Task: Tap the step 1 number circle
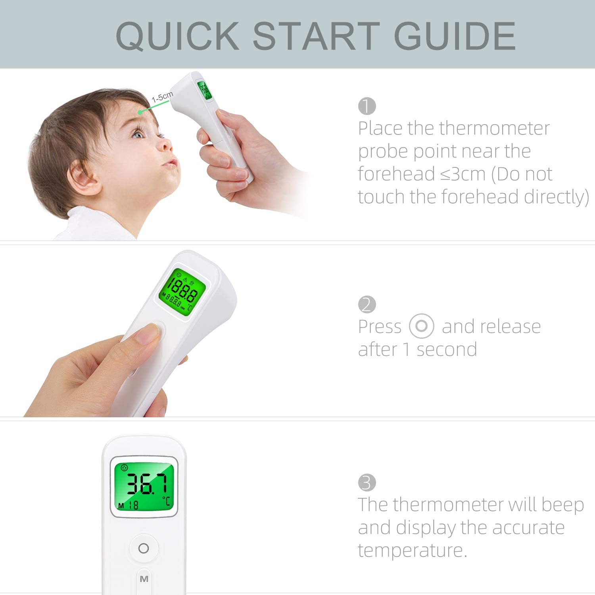367,106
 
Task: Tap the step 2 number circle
367,305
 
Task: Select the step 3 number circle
367,483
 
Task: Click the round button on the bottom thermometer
144,548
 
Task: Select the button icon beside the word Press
421,326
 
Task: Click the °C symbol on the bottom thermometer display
166,501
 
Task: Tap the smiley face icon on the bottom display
124,468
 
